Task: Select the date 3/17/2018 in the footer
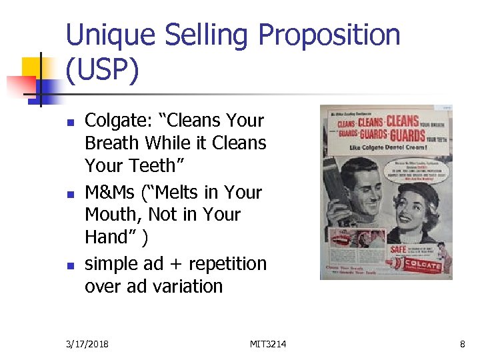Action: point(87,344)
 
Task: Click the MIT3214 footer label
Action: point(268,344)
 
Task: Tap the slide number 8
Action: point(462,344)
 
